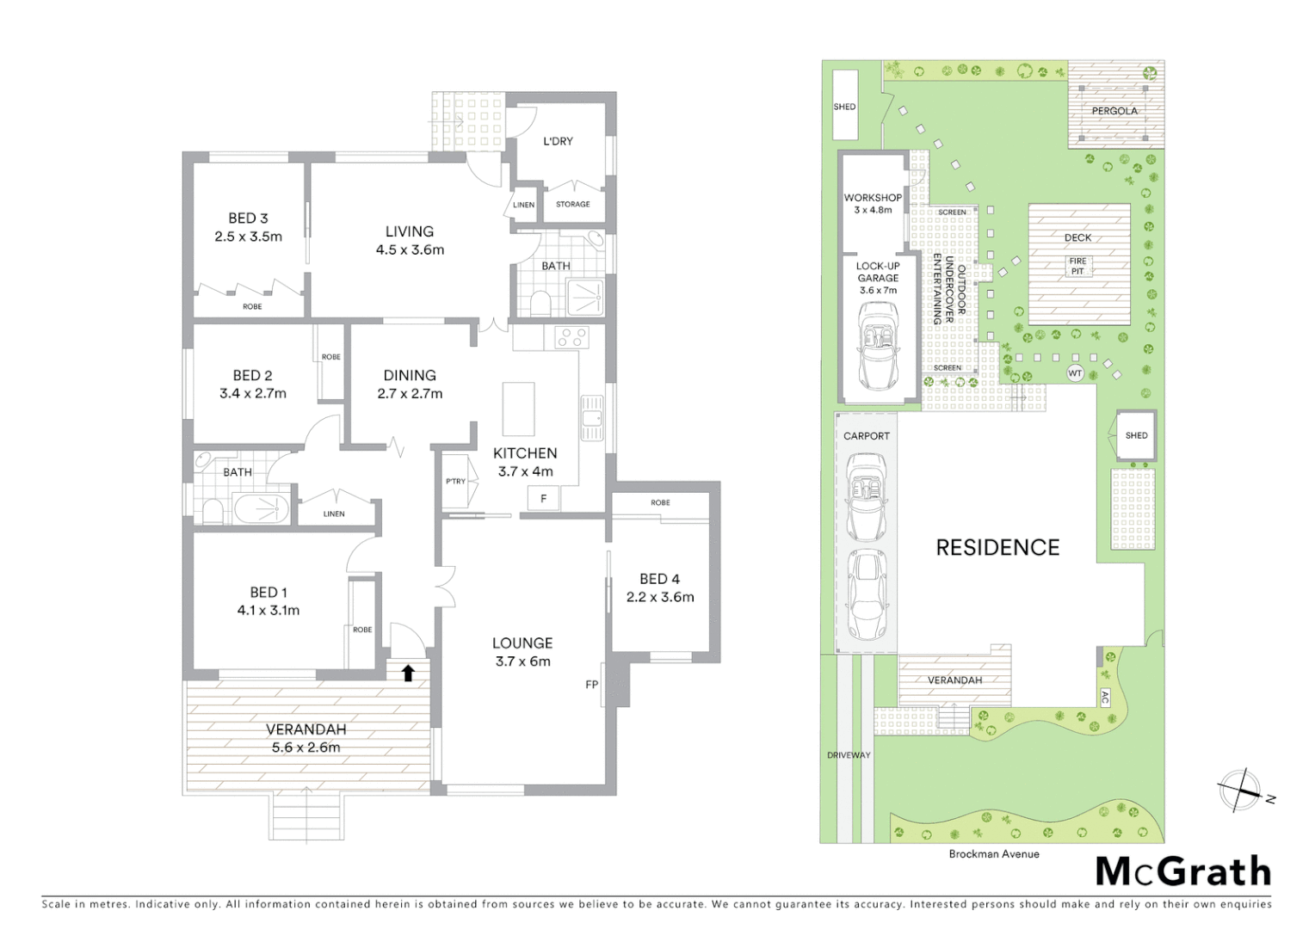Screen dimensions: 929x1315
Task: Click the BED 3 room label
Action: pyautogui.click(x=248, y=218)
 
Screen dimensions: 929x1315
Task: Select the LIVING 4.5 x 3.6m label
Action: pyautogui.click(x=410, y=241)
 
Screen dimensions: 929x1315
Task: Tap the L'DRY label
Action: pyautogui.click(x=558, y=141)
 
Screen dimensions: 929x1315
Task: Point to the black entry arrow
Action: pyautogui.click(x=409, y=673)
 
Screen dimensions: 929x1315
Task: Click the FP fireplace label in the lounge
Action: pyautogui.click(x=592, y=685)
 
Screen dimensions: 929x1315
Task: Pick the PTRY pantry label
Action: pyautogui.click(x=455, y=482)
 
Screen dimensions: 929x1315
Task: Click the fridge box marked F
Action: pyautogui.click(x=543, y=498)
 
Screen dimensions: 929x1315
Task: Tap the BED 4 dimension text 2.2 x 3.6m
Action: pyautogui.click(x=660, y=597)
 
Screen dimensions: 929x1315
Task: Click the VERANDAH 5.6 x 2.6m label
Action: pyautogui.click(x=306, y=738)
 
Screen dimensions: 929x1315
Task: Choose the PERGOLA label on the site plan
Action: pyautogui.click(x=1114, y=111)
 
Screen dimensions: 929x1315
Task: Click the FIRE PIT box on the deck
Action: pyautogui.click(x=1077, y=266)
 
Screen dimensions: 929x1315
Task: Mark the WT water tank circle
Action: pyautogui.click(x=1075, y=373)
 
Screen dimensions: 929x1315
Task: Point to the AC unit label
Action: pyautogui.click(x=1105, y=698)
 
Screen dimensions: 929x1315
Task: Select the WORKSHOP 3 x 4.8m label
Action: pyautogui.click(x=873, y=203)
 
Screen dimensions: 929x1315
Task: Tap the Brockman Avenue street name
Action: pyautogui.click(x=994, y=854)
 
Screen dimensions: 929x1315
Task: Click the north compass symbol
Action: pyautogui.click(x=1239, y=790)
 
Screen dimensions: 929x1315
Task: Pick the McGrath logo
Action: pyautogui.click(x=1183, y=871)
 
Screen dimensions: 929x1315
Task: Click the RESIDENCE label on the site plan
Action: pyautogui.click(x=997, y=547)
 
